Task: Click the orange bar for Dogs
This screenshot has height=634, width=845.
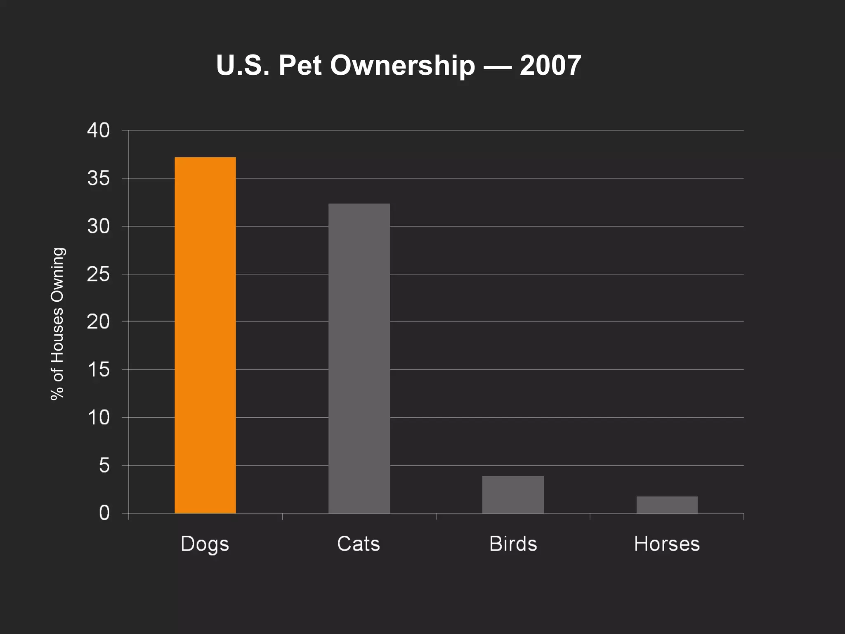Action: tap(205, 335)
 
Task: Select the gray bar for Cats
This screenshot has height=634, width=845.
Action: tap(359, 358)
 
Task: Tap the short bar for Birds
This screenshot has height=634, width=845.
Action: tap(513, 494)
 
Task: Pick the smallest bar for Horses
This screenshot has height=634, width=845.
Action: tap(667, 504)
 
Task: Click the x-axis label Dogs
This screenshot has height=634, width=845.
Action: tap(205, 544)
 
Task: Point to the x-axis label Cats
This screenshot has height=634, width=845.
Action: tap(358, 544)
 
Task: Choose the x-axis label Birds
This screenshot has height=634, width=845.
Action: tap(513, 544)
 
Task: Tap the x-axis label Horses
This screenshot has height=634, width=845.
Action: tap(667, 544)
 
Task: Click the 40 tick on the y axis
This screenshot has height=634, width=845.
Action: tap(98, 130)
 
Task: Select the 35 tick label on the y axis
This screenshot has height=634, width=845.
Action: tap(98, 178)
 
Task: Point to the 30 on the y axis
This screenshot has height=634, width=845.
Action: tap(98, 226)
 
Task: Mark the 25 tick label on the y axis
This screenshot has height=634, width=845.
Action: tap(98, 274)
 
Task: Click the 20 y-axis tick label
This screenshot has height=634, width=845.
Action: tap(98, 322)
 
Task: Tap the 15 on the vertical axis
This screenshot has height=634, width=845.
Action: tap(98, 369)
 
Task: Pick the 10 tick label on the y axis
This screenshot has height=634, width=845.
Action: tap(98, 418)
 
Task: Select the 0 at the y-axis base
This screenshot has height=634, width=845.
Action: tap(104, 513)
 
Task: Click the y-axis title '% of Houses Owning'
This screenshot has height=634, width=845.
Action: tap(57, 324)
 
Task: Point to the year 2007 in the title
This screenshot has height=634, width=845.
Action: tap(550, 65)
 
